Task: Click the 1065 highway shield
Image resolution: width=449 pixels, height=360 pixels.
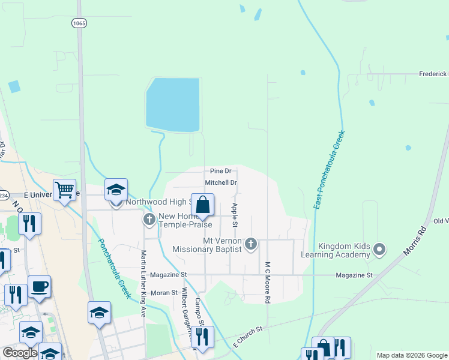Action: pyautogui.click(x=79, y=23)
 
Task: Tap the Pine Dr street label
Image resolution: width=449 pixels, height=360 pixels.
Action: pyautogui.click(x=220, y=171)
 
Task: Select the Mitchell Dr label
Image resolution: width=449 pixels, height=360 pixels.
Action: pyautogui.click(x=221, y=182)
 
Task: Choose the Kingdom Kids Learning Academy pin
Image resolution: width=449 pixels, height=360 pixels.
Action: pyautogui.click(x=379, y=248)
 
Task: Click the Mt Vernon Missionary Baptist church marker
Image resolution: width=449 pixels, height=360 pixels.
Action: pyautogui.click(x=251, y=244)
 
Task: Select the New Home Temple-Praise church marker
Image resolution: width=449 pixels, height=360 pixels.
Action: pyautogui.click(x=149, y=220)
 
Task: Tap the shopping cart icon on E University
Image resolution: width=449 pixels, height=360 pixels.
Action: pyautogui.click(x=64, y=190)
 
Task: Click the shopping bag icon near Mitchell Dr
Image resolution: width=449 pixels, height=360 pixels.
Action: pyautogui.click(x=203, y=205)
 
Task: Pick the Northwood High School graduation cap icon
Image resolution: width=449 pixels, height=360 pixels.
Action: pyautogui.click(x=116, y=190)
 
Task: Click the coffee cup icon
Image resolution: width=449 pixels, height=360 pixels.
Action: pyautogui.click(x=40, y=287)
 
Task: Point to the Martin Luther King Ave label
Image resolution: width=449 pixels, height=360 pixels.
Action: pyautogui.click(x=143, y=284)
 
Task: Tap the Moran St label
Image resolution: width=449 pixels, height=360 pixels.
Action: pyautogui.click(x=164, y=293)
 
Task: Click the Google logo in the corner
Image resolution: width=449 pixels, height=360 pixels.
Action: pyautogui.click(x=20, y=353)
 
